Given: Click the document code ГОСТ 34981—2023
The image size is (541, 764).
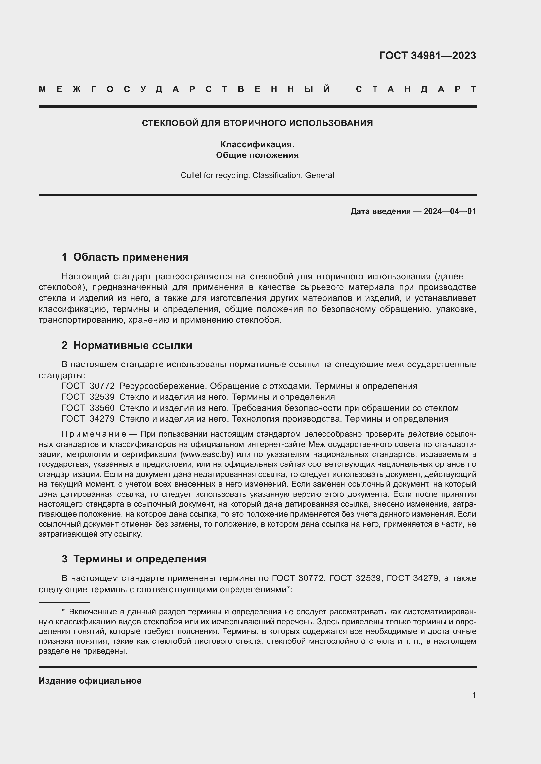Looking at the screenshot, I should (428, 55).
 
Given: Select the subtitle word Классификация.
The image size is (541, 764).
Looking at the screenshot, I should (257, 144).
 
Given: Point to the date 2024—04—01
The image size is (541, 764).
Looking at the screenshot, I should (450, 211).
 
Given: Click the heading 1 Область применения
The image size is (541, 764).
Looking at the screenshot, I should (125, 257).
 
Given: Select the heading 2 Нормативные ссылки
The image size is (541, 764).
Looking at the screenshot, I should (127, 345).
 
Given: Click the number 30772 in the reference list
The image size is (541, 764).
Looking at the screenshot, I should (102, 386).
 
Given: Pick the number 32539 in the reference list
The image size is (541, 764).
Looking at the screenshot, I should (102, 397).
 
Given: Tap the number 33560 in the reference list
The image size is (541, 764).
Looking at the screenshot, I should (102, 408).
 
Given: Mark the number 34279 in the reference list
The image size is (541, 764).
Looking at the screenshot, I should (102, 419).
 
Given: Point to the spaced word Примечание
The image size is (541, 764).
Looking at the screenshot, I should (94, 434).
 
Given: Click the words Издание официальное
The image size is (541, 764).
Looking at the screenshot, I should (90, 681).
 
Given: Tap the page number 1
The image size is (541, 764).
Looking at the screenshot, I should (474, 695).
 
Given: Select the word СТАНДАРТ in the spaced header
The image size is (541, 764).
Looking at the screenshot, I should (416, 89).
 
